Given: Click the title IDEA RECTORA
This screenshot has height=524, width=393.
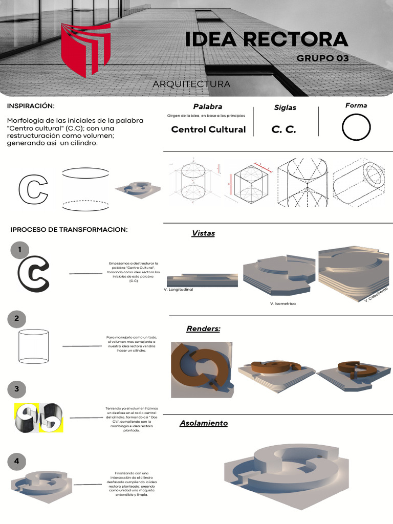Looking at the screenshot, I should (266, 39).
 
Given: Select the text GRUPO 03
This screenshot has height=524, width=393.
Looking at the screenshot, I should (322, 58).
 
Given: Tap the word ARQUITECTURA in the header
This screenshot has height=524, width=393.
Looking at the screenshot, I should (191, 84).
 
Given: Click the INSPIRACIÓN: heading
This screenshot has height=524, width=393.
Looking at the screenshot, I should (30, 105).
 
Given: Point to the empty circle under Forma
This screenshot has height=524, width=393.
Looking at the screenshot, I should (356, 127).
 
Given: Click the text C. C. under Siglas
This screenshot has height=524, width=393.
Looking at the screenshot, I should (284, 129).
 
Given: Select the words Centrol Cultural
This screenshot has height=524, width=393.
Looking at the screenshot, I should (208, 129).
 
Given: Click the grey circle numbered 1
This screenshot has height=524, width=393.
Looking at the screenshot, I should (19, 250).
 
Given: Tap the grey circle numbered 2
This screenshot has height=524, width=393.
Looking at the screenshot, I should (17, 319).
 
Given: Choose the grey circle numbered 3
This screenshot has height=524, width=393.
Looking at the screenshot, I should (17, 389).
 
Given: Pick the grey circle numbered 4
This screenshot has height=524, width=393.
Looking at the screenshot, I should (17, 461).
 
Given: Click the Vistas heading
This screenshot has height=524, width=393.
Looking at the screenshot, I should (203, 233).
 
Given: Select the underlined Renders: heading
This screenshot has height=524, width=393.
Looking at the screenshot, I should (203, 329).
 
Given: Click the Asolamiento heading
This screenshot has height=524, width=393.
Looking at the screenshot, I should (204, 423).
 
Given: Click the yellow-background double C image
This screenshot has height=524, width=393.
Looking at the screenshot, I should (38, 418).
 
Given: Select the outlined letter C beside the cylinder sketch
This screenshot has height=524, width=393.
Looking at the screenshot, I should (33, 189).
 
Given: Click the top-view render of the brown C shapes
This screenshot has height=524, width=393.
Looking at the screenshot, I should (202, 369).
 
